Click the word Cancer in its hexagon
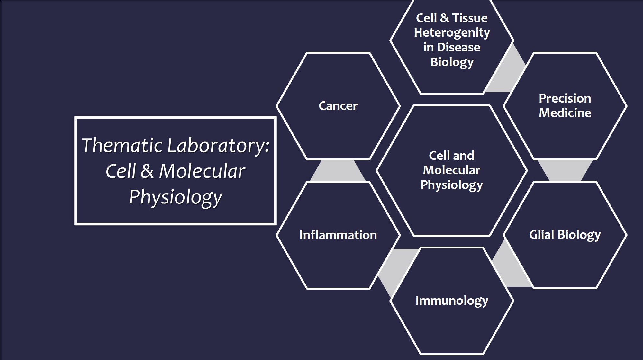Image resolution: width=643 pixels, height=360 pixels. click(x=338, y=106)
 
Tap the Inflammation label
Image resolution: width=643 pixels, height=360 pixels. click(x=338, y=235)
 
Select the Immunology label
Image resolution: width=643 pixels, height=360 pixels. click(x=452, y=301)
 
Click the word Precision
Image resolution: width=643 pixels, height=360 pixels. click(x=565, y=98)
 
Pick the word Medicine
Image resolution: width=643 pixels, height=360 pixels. click(x=565, y=113)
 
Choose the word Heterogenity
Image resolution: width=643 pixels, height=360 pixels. click(x=452, y=33)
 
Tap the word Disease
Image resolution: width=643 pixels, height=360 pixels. click(x=459, y=47)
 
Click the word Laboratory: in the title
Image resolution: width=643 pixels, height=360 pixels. click(x=218, y=146)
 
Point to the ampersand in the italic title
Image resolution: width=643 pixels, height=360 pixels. click(x=147, y=171)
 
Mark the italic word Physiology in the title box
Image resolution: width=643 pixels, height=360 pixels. click(x=176, y=197)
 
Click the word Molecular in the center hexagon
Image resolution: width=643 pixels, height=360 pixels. click(x=451, y=170)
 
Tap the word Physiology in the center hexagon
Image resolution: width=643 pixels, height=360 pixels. click(x=451, y=185)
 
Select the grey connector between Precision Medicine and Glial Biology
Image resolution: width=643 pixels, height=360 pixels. click(x=565, y=170)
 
